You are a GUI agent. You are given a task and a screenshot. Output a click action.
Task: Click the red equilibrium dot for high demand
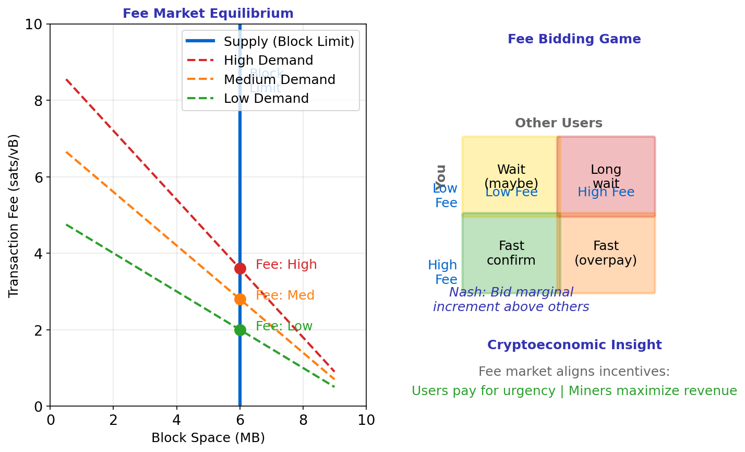pyautogui.click(x=240, y=268)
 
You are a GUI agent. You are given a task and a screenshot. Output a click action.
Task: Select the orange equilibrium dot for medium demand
pyautogui.click(x=240, y=299)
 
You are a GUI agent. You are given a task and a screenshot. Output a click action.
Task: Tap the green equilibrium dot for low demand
pyautogui.click(x=240, y=330)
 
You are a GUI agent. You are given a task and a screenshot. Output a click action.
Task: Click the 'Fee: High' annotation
pyautogui.click(x=286, y=265)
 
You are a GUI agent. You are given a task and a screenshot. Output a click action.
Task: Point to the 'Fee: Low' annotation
pyautogui.click(x=284, y=326)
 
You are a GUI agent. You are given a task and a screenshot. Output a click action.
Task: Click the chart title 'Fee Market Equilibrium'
pyautogui.click(x=208, y=14)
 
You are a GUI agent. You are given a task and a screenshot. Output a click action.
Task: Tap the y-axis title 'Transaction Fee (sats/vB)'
pyautogui.click(x=14, y=216)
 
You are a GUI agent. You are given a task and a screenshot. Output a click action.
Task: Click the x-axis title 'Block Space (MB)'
pyautogui.click(x=208, y=438)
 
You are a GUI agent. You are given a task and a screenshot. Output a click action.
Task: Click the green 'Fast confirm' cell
pyautogui.click(x=511, y=253)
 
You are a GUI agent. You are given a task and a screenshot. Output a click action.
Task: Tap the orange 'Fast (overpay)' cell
pyautogui.click(x=606, y=253)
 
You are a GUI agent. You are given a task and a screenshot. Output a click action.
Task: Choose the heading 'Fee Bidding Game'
pyautogui.click(x=574, y=39)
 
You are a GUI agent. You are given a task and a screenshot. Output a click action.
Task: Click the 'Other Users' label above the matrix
pyautogui.click(x=558, y=123)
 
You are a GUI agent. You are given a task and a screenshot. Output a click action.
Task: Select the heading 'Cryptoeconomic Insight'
pyautogui.click(x=574, y=345)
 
